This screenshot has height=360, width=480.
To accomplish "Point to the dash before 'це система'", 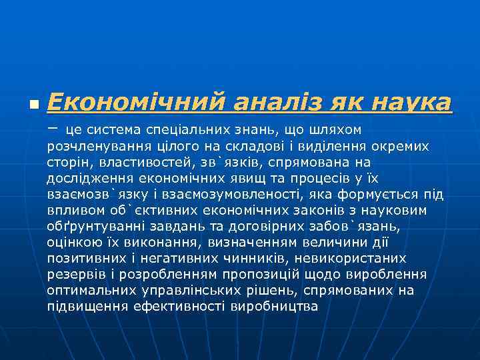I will (53, 126).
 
